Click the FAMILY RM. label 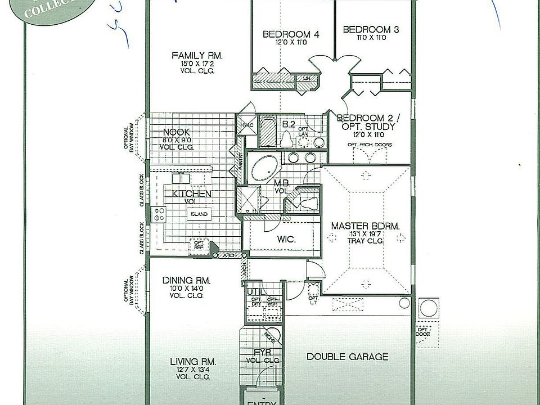(x=197, y=56)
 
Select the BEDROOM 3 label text (x=371, y=29)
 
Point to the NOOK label (x=175, y=133)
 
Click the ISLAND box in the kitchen (x=199, y=214)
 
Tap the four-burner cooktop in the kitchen (x=159, y=214)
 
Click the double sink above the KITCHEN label (x=181, y=178)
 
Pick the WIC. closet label (x=286, y=238)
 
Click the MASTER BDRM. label (x=365, y=226)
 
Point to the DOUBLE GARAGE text (x=347, y=357)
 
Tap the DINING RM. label (x=186, y=280)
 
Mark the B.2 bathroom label (x=289, y=124)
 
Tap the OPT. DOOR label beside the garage (x=423, y=332)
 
